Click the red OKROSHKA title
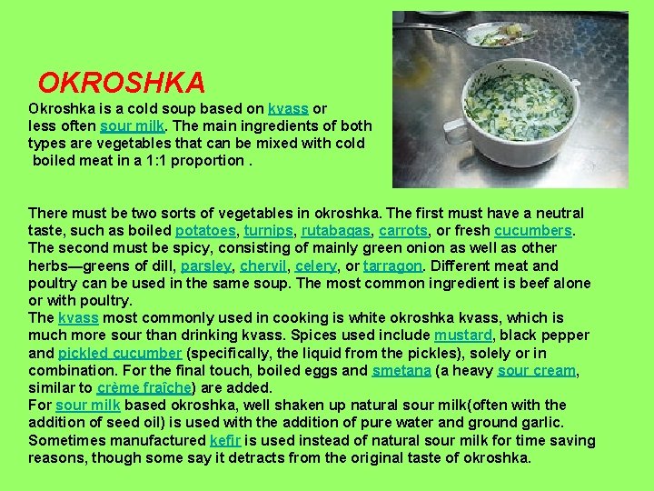coord(121,84)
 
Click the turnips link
coord(270,231)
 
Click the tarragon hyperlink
coord(392,266)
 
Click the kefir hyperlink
coord(224,440)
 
